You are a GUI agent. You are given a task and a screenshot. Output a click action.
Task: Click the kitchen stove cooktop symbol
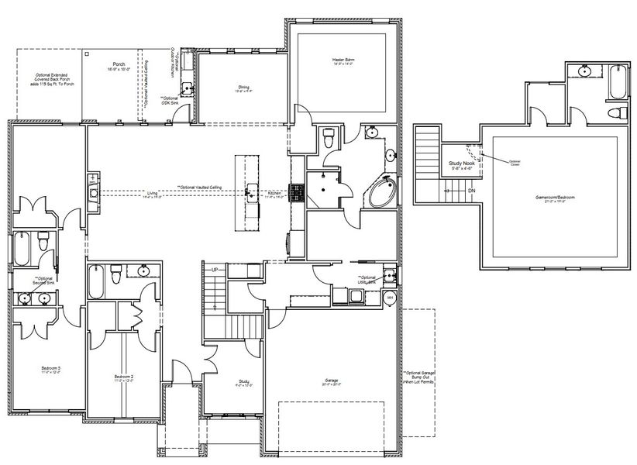click(x=297, y=192)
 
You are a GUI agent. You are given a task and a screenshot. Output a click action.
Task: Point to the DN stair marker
click(x=471, y=190)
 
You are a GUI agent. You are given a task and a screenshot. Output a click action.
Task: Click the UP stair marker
click(x=214, y=269)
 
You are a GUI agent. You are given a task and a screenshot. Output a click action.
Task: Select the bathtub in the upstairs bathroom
click(x=616, y=83)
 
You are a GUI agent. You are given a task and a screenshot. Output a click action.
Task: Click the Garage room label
click(x=332, y=381)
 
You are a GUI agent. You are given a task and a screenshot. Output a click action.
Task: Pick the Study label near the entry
click(x=243, y=381)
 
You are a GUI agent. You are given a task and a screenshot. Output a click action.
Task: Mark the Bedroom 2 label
click(x=124, y=377)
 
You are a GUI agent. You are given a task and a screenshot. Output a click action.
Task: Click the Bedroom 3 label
click(x=50, y=369)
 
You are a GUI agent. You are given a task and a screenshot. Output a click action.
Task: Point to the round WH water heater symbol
click(x=390, y=298)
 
